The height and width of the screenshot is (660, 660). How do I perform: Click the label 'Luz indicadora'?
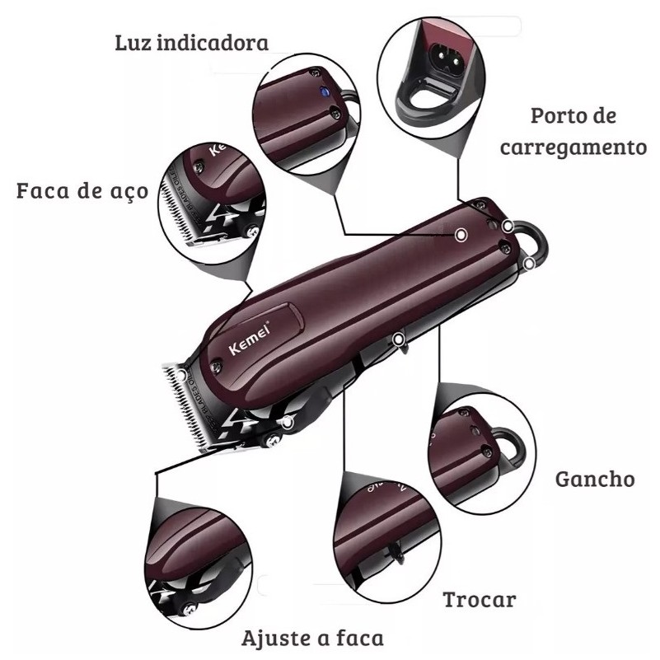[x=191, y=44]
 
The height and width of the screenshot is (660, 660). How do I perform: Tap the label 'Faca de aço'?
[x=82, y=192]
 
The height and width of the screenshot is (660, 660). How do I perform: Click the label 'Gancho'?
[x=595, y=479]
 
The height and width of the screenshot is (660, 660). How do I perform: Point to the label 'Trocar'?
[x=480, y=599]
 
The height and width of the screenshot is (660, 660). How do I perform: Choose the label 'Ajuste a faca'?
[x=312, y=638]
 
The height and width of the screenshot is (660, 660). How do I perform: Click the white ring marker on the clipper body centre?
[x=461, y=236]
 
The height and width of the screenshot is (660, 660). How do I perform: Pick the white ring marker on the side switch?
[x=400, y=338]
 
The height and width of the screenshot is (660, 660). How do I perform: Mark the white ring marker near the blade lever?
[x=287, y=424]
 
